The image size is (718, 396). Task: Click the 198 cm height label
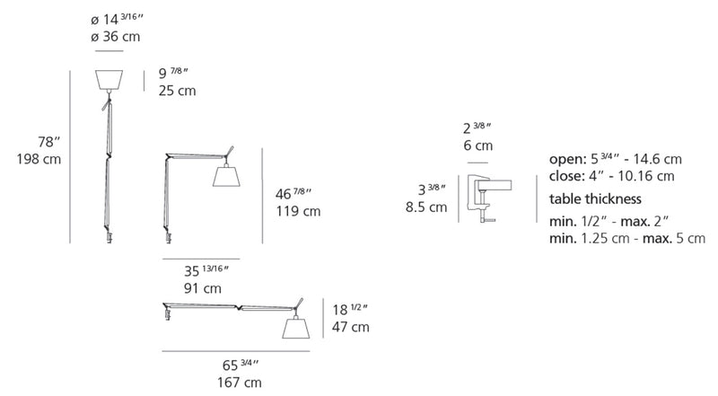(39, 160)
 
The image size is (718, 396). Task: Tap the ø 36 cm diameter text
(116, 37)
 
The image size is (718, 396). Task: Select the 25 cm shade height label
(177, 91)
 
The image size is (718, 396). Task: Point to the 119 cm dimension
(298, 211)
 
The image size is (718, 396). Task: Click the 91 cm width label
(203, 289)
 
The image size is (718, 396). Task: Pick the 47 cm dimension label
(351, 327)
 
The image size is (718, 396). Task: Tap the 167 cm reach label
(240, 383)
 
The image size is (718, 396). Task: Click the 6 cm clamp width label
(478, 145)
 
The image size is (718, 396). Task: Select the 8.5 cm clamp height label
(426, 207)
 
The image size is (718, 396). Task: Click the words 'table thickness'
(595, 199)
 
